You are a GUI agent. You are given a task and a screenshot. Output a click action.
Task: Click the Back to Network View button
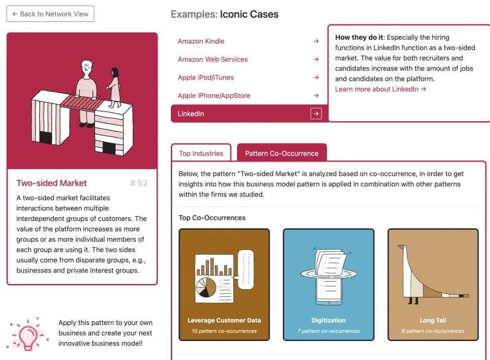50,14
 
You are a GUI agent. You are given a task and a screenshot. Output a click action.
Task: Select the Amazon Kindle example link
201,41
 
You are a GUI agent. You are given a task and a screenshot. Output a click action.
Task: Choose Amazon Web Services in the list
213,59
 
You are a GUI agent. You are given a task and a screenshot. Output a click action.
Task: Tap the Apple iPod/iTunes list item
206,78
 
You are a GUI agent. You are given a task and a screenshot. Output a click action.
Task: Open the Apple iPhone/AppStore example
214,96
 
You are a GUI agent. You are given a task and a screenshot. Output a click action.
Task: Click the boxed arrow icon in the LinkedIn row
316,114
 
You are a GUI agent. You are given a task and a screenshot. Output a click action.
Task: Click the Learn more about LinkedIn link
380,89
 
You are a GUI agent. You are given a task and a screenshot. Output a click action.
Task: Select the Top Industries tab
201,154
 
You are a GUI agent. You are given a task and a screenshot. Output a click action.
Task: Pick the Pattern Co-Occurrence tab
282,154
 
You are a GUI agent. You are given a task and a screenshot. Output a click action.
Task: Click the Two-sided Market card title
51,183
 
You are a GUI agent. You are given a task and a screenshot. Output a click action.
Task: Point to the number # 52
139,183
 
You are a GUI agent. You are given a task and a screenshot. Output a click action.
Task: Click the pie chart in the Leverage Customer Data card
206,287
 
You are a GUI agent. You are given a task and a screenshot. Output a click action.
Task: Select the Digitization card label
328,320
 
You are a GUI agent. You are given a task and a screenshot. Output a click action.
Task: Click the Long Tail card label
433,320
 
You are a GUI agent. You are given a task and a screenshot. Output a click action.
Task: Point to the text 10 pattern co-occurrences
224,331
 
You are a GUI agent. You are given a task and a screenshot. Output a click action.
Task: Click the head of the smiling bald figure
86,67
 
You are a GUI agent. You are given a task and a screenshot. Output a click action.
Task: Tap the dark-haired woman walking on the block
115,88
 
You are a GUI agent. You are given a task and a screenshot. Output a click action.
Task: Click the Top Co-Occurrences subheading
212,218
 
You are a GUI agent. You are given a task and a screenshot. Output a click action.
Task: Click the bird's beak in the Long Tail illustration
401,247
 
